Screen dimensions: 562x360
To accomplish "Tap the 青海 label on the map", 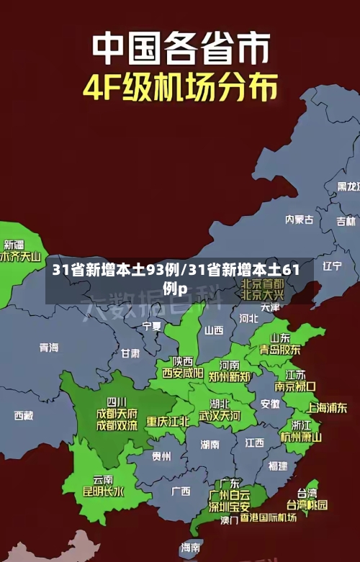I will (x=49, y=348).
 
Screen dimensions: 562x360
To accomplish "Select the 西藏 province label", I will (x=24, y=415).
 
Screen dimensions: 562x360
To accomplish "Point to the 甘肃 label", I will (x=130, y=353).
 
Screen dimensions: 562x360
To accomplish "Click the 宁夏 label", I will (x=152, y=326).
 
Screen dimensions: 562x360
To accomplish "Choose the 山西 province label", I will (x=214, y=330).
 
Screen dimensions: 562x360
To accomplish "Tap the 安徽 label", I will (x=270, y=404).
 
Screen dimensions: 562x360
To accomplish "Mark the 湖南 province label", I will (x=210, y=444).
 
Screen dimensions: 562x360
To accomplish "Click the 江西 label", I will (x=254, y=442).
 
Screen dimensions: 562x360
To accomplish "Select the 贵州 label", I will (x=161, y=456).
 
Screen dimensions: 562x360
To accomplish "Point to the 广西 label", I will (x=181, y=491).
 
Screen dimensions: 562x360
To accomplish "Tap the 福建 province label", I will (x=278, y=466).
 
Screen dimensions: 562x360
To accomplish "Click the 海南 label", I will (x=191, y=547).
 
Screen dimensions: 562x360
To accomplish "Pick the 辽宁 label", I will (x=333, y=266).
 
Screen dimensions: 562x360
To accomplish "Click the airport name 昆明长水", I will (x=103, y=491).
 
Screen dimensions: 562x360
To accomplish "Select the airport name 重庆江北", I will (x=168, y=421).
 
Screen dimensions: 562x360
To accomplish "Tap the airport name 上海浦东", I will (x=328, y=407).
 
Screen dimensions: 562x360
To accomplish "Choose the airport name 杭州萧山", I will (x=301, y=437).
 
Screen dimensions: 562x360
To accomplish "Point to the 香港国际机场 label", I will (x=269, y=517).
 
